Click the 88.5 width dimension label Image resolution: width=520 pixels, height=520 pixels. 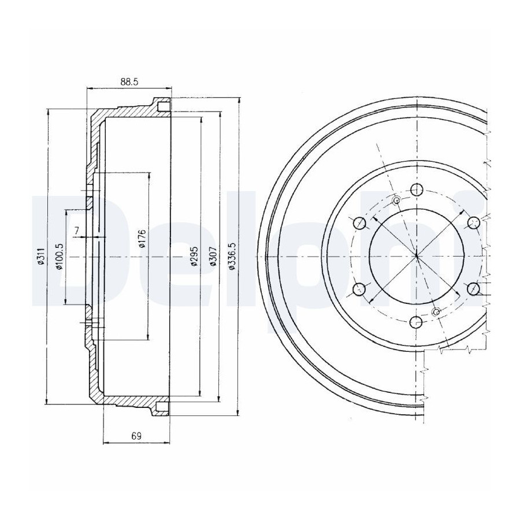pos(129,82)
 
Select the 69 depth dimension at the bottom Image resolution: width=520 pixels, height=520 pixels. pos(136,436)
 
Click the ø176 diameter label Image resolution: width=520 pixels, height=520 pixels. pos(142,239)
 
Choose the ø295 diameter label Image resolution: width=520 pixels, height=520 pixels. pos(195,257)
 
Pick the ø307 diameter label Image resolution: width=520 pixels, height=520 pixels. pos(213,257)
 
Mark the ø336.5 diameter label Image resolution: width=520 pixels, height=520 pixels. pos(232,257)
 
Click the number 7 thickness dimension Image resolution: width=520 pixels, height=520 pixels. pos(77,230)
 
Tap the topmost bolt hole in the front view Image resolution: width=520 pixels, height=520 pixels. pos(417,190)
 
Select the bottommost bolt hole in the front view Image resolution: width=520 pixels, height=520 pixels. pos(417,322)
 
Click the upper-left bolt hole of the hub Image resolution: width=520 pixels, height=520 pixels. pos(359,223)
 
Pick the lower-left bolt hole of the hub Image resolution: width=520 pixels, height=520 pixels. pos(359,289)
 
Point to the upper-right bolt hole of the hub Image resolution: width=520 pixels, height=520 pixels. pos(474,223)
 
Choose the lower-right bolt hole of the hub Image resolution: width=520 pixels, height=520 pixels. pos(474,289)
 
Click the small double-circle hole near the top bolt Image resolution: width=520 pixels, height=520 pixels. pos(396,200)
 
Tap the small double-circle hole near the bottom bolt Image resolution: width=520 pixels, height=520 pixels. pos(436,312)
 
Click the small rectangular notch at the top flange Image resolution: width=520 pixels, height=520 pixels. pos(163,107)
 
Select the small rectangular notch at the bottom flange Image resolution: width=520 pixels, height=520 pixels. pos(162,406)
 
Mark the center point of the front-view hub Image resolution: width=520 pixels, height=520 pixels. pos(417,256)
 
